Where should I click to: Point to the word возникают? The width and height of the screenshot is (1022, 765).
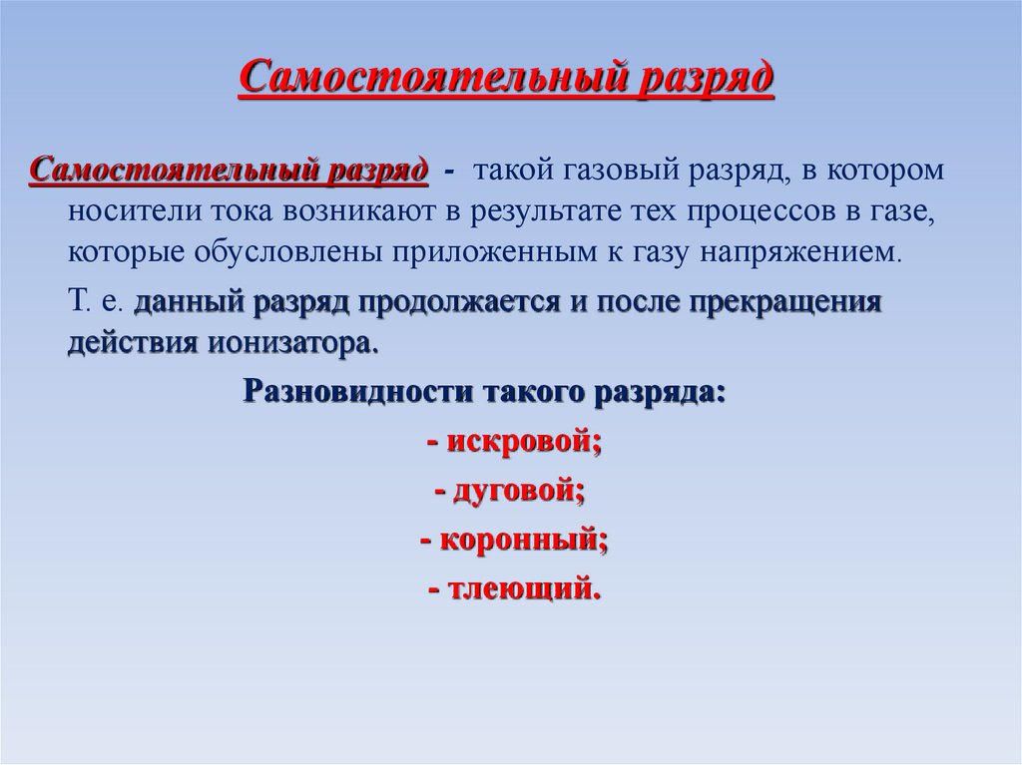coord(320,209)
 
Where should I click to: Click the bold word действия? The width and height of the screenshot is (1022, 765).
coord(134,343)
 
